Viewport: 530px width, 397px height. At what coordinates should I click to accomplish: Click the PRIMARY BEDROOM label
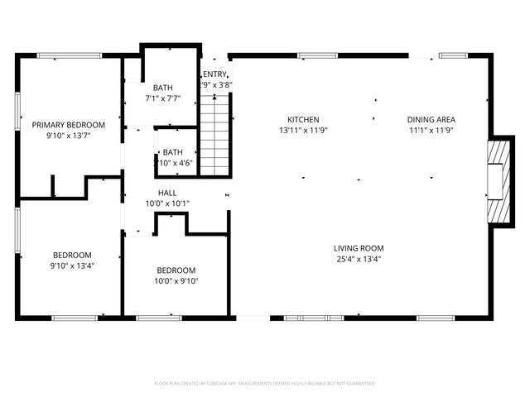[69, 124]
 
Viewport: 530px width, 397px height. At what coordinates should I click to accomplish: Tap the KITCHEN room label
[303, 119]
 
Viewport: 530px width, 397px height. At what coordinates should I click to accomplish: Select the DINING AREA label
[431, 119]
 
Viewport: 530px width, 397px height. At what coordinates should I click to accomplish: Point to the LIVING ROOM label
[359, 248]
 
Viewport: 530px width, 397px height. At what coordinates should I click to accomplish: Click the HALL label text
[156, 193]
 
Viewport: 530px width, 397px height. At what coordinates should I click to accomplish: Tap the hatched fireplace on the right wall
[497, 182]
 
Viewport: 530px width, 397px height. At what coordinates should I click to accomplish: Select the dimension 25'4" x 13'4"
[359, 259]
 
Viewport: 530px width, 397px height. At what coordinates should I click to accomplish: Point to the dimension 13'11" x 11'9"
[303, 130]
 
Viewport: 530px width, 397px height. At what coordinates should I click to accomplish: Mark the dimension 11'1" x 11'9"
[431, 130]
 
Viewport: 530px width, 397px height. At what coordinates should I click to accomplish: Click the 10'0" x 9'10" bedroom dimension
[176, 281]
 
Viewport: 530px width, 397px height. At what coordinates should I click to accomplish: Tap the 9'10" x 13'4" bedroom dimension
[72, 265]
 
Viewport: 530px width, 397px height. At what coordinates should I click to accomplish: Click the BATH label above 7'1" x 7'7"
[163, 88]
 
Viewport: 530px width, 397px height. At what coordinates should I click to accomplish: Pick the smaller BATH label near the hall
[172, 152]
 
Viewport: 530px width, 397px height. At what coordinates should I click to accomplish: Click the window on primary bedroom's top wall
[70, 55]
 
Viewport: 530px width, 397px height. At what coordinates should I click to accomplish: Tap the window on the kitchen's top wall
[312, 55]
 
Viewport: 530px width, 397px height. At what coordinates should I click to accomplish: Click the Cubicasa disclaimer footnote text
[265, 384]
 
